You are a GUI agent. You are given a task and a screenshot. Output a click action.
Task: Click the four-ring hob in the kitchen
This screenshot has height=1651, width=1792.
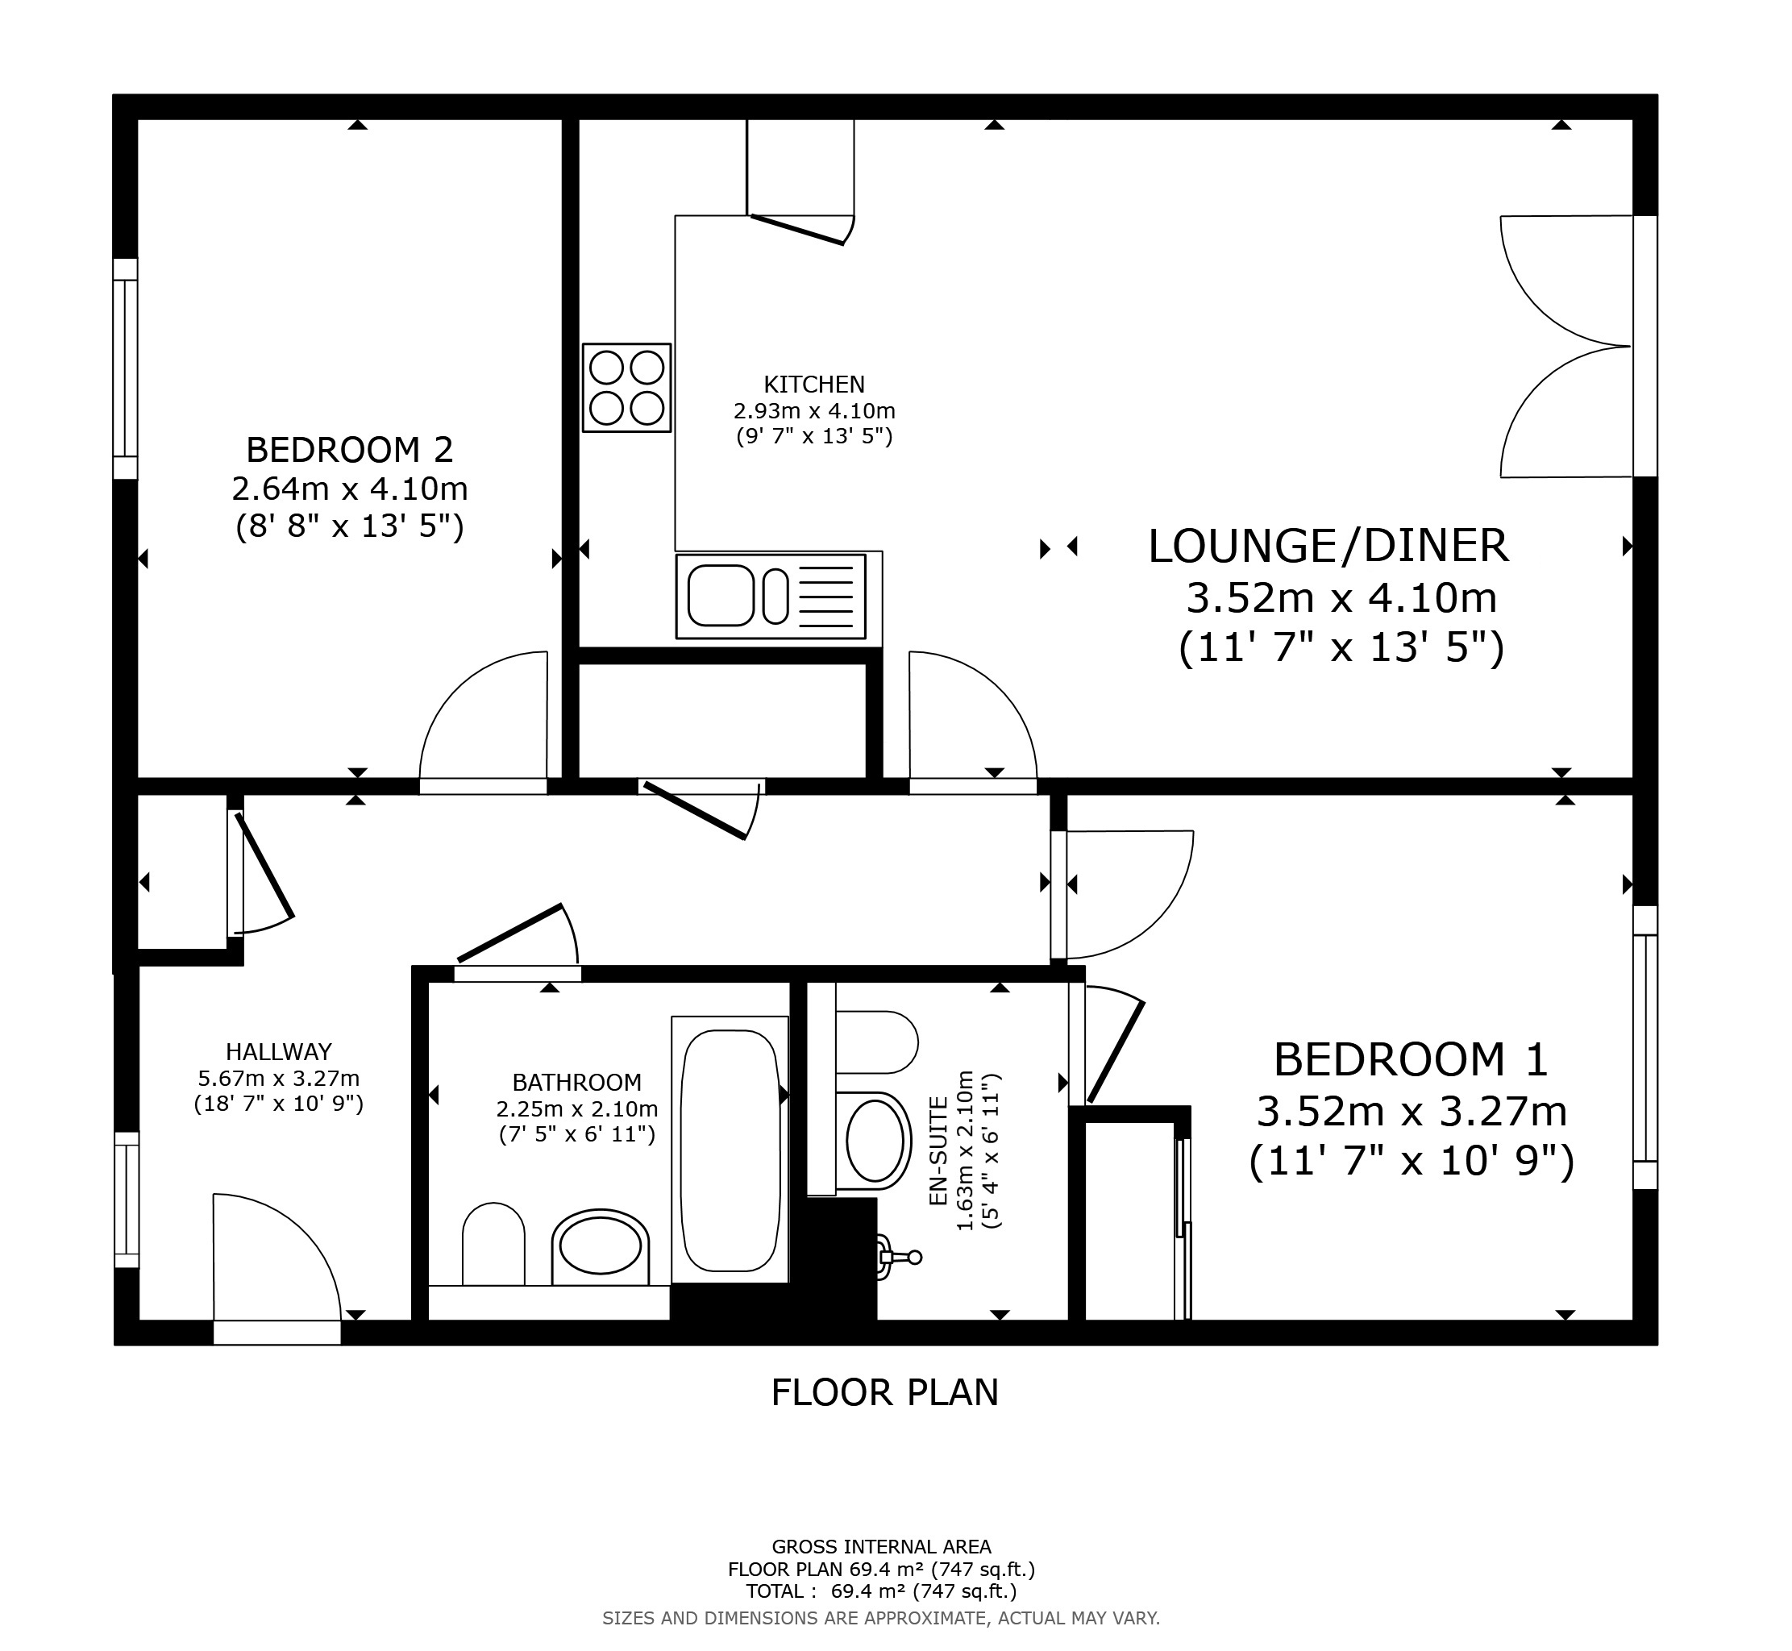[626, 388]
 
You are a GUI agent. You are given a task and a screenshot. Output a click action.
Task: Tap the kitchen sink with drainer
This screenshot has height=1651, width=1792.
[771, 596]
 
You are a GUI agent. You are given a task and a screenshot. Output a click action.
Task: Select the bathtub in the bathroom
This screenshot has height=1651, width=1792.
[730, 1150]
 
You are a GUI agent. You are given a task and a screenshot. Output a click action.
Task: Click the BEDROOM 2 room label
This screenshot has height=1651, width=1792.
[349, 449]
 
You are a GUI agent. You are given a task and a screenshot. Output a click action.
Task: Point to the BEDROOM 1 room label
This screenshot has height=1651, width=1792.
[1411, 1059]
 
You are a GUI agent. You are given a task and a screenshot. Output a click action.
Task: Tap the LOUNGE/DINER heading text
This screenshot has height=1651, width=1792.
[1328, 546]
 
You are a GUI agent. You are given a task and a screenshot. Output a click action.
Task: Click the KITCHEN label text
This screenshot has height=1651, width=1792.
[814, 385]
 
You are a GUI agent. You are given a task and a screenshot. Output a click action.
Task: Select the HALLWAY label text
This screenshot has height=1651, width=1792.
[279, 1051]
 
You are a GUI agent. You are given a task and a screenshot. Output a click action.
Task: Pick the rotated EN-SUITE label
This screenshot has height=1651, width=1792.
[938, 1152]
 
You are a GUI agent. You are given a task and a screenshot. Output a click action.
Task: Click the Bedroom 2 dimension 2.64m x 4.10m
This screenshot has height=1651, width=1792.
[349, 489]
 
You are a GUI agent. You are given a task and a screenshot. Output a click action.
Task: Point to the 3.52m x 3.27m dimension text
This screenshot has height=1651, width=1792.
[1412, 1112]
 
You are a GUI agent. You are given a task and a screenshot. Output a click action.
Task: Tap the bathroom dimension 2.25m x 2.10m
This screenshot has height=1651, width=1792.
[577, 1108]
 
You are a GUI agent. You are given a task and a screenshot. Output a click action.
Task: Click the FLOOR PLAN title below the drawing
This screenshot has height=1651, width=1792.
[884, 1392]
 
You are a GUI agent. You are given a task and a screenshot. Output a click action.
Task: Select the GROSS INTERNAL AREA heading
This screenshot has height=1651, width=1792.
[881, 1546]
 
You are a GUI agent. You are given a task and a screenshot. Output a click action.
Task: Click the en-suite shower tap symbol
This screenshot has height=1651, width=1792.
[898, 1256]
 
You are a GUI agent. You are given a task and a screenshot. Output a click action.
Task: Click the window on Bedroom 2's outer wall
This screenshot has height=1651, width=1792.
[125, 369]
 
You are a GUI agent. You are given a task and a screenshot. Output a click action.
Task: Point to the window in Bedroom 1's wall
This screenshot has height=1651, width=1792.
[1644, 1047]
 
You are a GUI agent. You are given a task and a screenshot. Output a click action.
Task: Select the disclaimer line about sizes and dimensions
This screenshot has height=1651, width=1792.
[881, 1618]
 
